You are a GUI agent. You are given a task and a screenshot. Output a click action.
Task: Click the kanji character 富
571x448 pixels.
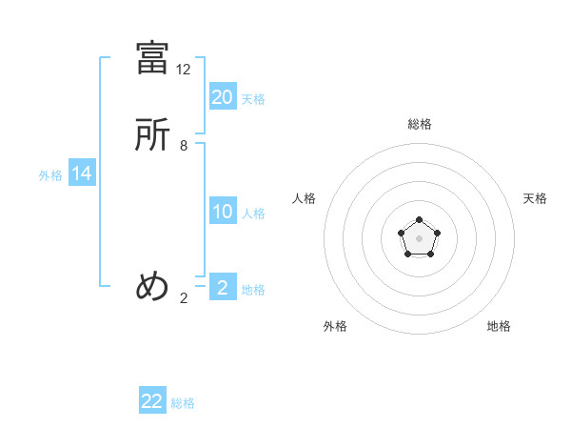(x=152, y=58)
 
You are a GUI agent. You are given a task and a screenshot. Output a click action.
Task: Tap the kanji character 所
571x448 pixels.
(x=152, y=135)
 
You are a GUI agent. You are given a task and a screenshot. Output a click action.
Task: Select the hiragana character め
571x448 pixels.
(x=152, y=286)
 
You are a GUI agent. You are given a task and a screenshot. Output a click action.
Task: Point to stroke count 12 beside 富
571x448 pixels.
(x=184, y=70)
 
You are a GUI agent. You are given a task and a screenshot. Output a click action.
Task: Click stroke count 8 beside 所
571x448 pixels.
(x=184, y=146)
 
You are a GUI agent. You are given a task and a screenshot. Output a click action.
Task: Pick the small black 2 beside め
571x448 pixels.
(x=184, y=297)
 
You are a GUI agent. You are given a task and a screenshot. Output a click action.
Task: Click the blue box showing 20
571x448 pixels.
(x=223, y=97)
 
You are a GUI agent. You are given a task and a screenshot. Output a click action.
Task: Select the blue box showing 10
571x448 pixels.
(x=223, y=212)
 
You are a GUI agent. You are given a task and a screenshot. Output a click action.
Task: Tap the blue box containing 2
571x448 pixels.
(x=223, y=288)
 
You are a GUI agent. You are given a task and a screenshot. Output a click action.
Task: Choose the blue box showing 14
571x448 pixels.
(x=82, y=173)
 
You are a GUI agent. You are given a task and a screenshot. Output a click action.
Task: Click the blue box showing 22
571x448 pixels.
(x=152, y=401)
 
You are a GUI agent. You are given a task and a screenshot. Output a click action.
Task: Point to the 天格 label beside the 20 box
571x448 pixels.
(x=253, y=99)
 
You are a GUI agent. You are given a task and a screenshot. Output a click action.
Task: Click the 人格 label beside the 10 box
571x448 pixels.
(x=253, y=214)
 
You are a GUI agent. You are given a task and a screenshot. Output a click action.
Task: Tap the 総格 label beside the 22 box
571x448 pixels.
(x=183, y=403)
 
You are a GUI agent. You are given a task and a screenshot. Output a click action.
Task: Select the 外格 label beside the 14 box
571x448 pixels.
(x=50, y=175)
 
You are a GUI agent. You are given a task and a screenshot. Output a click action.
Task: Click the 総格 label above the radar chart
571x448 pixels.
(x=419, y=124)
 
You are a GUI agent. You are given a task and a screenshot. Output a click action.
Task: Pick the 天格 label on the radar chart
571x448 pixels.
(x=536, y=198)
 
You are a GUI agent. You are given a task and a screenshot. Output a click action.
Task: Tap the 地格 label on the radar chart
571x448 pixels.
(x=499, y=326)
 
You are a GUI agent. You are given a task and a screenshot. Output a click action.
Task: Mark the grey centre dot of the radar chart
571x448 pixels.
(x=419, y=237)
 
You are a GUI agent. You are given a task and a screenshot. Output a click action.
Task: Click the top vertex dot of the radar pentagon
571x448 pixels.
(x=419, y=220)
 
